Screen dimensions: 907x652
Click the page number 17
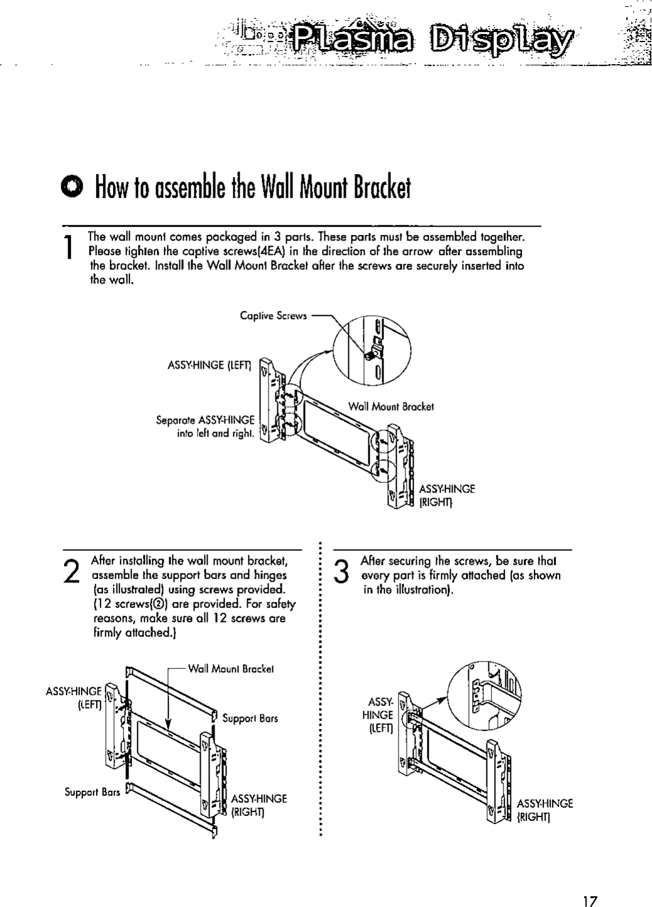pos(589,884)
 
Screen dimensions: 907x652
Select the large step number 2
pos(72,570)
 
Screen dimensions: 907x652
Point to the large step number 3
pos(341,570)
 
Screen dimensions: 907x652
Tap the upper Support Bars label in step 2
pos(250,718)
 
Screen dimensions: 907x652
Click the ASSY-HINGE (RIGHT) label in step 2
pos(259,805)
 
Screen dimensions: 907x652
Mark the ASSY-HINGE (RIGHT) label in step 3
pos(545,810)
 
